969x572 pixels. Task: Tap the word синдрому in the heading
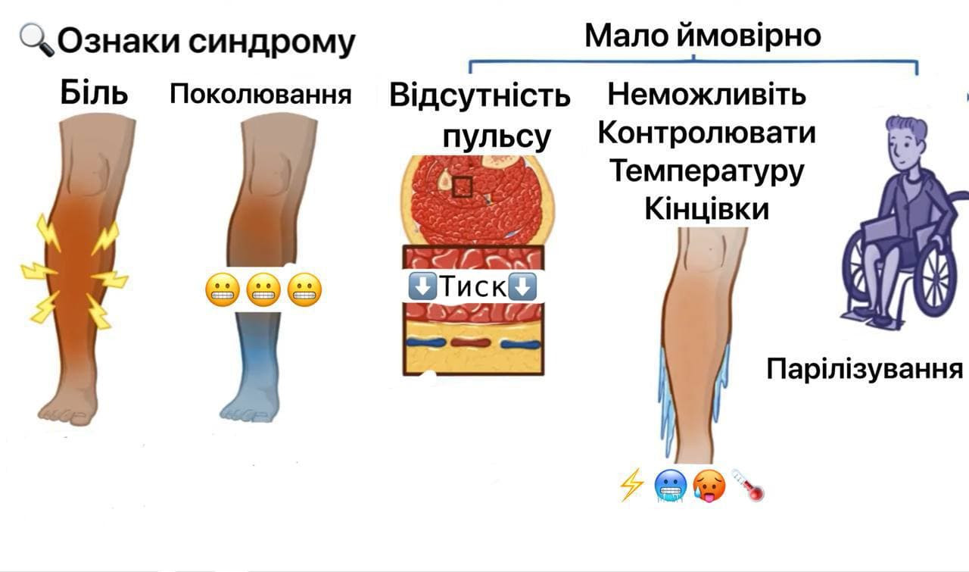(x=271, y=42)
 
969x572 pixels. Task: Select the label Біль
(x=95, y=94)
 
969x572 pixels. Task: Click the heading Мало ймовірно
(x=703, y=35)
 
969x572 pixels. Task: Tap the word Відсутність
(x=480, y=96)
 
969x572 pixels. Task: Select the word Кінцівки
(x=707, y=208)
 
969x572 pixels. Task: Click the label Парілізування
(x=865, y=369)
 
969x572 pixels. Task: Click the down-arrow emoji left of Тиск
(x=422, y=286)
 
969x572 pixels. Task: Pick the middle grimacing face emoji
(x=263, y=289)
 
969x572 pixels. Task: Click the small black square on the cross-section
(x=462, y=186)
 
